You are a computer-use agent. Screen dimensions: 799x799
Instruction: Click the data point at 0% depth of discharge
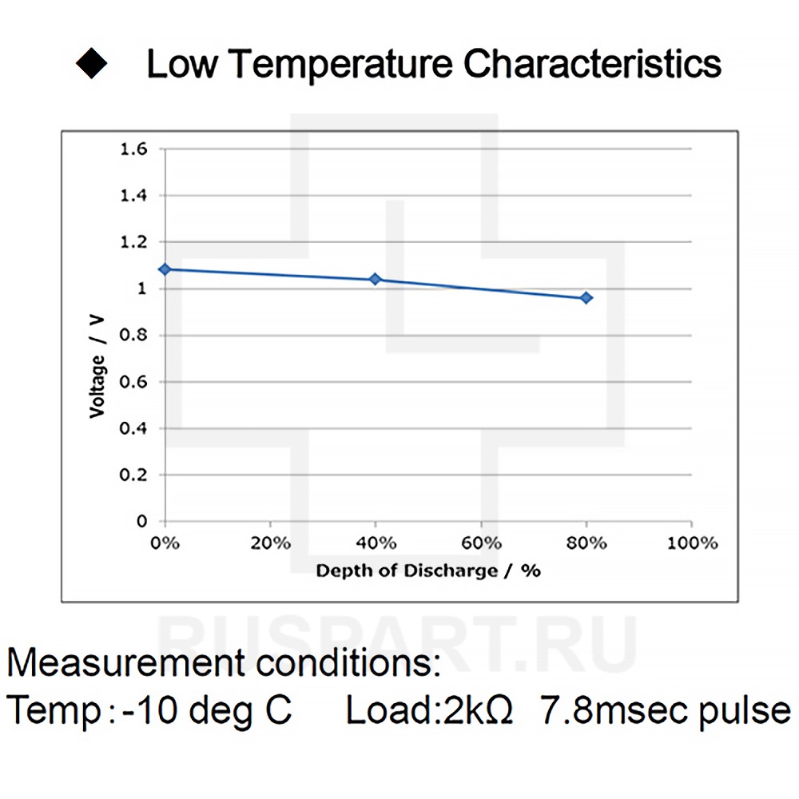click(165, 269)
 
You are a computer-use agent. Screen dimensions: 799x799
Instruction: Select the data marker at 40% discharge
click(376, 279)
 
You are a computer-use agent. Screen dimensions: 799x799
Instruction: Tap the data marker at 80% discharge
click(586, 297)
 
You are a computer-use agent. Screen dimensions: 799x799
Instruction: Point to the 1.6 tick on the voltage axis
click(133, 149)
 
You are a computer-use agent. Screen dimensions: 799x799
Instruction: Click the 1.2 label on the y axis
click(133, 242)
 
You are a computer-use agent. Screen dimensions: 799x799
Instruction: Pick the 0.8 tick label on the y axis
click(133, 336)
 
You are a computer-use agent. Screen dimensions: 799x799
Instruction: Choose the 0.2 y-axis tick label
click(133, 475)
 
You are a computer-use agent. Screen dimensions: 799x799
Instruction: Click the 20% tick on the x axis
click(270, 543)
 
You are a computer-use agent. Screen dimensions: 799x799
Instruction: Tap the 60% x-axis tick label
click(481, 543)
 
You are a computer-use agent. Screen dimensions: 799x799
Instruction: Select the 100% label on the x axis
click(692, 543)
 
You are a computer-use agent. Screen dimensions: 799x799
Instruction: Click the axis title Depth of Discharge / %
click(428, 570)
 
